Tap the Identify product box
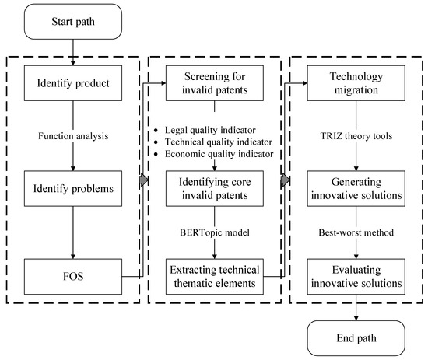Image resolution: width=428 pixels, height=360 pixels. (x=71, y=83)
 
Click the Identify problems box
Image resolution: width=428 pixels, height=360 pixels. (x=71, y=187)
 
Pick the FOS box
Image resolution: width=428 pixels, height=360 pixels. (x=71, y=274)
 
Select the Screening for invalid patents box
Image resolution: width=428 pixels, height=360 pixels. (x=213, y=83)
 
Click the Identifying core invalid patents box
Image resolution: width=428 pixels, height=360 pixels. (x=213, y=187)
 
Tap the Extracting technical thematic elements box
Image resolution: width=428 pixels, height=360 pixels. (x=213, y=274)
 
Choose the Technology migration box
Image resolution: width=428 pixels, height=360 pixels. (x=357, y=83)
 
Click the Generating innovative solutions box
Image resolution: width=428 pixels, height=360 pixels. (x=357, y=187)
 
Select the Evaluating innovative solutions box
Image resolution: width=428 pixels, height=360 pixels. (x=357, y=274)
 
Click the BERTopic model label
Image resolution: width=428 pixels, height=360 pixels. (x=213, y=231)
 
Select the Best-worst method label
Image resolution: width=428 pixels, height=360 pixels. (x=357, y=231)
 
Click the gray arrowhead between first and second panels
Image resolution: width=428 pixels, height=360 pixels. (x=142, y=180)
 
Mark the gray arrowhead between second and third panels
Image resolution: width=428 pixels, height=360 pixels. (x=285, y=180)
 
